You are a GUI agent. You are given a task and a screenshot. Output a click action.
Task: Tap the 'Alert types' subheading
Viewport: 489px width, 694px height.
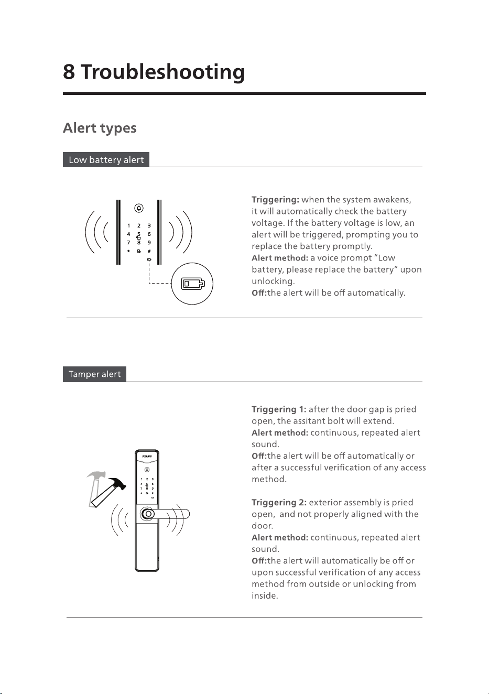tap(100, 128)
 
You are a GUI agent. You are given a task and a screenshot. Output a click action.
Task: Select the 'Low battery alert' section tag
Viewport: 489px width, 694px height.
tap(106, 159)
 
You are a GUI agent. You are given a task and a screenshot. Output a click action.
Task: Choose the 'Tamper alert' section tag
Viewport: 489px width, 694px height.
tap(94, 374)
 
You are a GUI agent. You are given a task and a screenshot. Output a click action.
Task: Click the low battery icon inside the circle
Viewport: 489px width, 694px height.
tap(193, 284)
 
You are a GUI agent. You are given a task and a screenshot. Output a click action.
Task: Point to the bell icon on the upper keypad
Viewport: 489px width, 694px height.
tap(139, 208)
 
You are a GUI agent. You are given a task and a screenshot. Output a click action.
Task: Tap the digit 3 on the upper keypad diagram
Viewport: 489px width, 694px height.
tap(149, 225)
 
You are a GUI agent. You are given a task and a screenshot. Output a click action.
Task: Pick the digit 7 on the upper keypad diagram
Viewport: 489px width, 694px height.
tap(128, 243)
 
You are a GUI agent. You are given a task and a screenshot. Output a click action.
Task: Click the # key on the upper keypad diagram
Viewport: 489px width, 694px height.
tap(149, 251)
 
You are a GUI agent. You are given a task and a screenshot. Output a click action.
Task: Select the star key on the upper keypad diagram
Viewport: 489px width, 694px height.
tap(128, 251)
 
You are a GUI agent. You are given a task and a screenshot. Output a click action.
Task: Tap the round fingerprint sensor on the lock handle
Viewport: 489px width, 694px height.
tap(148, 514)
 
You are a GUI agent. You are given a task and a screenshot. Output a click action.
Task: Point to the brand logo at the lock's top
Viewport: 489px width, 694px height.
tap(147, 457)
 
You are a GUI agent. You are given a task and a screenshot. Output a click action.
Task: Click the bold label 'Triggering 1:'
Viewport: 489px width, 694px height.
tap(279, 409)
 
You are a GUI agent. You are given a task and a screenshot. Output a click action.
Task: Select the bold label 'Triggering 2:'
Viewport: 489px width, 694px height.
tap(279, 503)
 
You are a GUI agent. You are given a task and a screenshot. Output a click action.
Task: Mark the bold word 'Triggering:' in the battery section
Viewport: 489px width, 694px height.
tap(276, 200)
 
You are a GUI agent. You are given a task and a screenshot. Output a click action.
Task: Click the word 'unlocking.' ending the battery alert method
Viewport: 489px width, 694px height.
tap(273, 281)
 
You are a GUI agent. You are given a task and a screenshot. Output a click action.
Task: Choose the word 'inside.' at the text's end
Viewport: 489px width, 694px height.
tap(265, 595)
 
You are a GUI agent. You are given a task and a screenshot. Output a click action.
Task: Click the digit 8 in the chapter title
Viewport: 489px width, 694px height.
tap(69, 72)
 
